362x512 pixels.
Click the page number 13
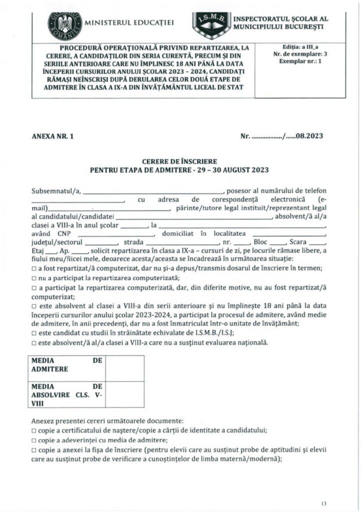[324, 502]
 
